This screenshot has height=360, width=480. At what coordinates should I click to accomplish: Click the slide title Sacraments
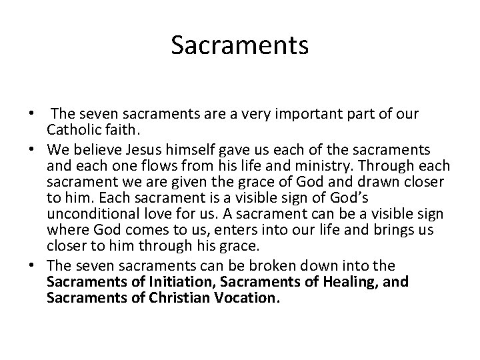239,45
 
